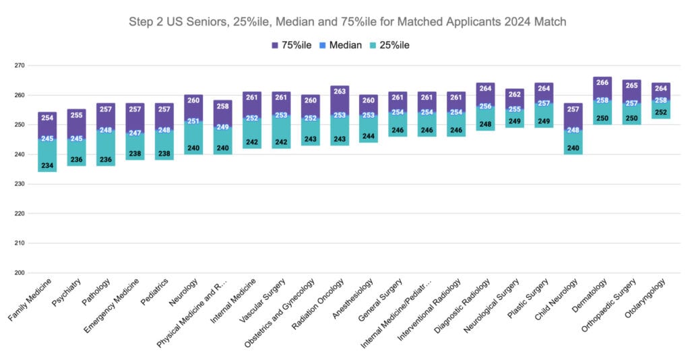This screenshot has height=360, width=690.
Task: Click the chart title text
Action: [347, 22]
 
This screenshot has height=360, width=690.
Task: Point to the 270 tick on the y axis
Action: [18, 66]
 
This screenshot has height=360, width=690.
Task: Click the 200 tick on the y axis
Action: [18, 273]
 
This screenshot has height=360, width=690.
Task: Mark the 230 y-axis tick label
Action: [18, 184]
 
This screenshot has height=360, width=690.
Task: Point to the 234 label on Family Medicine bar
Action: [47, 166]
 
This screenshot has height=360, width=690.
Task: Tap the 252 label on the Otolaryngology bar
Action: [660, 113]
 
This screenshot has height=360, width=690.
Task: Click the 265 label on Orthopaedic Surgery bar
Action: [631, 86]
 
